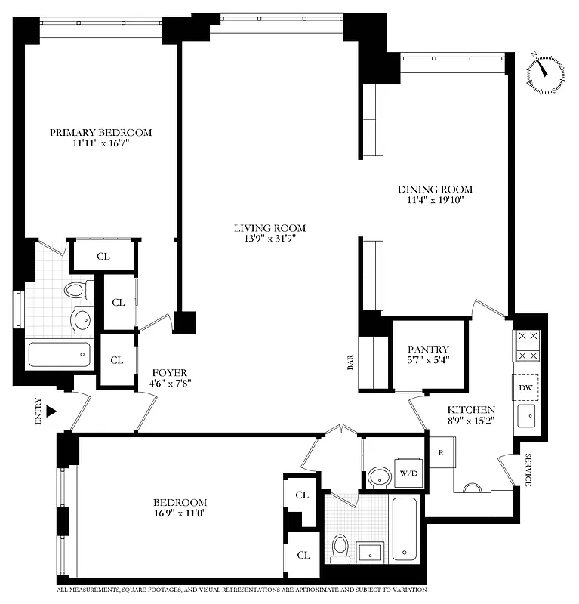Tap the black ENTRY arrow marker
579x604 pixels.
(51, 411)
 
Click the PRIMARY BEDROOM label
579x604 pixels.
(100, 133)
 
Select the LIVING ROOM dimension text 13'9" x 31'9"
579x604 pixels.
(269, 240)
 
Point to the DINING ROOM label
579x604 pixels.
(436, 189)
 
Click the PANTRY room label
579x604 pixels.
(428, 349)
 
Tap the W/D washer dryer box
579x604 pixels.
(407, 474)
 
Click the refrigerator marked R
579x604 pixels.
(441, 453)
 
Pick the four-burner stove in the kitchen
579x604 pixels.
(526, 346)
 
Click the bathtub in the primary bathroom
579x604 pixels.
(59, 354)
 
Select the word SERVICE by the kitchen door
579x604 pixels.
(528, 470)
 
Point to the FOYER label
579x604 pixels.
(169, 373)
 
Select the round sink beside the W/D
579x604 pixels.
(377, 476)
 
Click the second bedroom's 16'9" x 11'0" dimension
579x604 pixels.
(180, 513)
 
